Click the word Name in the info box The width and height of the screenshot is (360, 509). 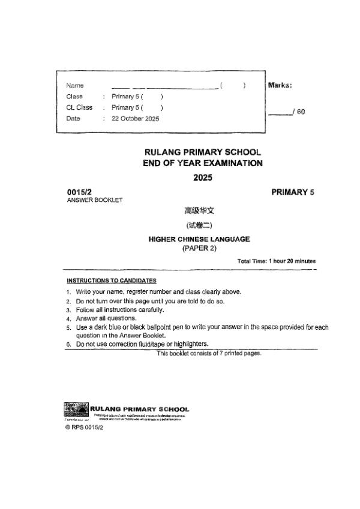pos(75,86)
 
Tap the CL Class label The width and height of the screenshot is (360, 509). pos(79,107)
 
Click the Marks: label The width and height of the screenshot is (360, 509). pos(280,85)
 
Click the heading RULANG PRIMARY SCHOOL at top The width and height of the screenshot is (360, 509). pos(203,153)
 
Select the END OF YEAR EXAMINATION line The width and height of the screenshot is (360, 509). pos(203,163)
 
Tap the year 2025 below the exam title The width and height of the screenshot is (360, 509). pos(203,177)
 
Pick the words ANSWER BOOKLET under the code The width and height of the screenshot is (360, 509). pos(95,200)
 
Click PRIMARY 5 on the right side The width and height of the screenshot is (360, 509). pos(293,192)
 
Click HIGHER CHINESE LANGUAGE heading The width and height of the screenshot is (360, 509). pos(199,239)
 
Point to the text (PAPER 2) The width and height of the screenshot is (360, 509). pos(199,248)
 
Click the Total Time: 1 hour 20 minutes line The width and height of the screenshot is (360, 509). pos(277,261)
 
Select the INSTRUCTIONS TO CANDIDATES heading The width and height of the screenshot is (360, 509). pos(111,281)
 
